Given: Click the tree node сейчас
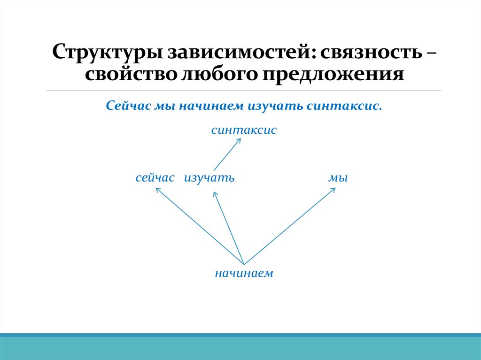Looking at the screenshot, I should pyautogui.click(x=155, y=178).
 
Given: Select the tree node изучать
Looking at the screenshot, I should pyautogui.click(x=209, y=178).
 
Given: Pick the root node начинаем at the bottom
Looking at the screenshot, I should pyautogui.click(x=244, y=273).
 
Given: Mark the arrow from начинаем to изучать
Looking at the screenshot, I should pyautogui.click(x=229, y=228).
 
